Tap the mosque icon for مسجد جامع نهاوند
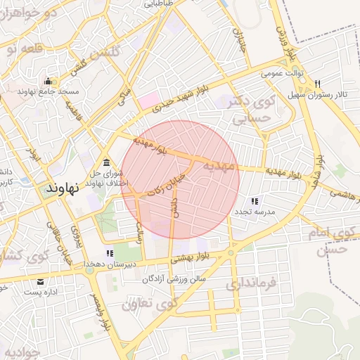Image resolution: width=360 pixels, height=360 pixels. click(47, 80)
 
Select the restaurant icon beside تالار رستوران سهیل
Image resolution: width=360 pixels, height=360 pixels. click(318, 82)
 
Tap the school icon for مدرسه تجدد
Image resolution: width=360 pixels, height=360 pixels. click(254, 201)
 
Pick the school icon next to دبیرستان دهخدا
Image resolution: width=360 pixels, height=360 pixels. click(109, 253)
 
